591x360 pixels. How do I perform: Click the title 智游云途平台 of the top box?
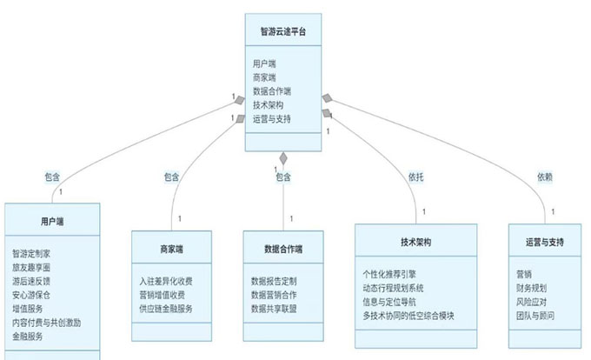(x=282, y=32)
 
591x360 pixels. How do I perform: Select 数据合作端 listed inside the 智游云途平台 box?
(x=272, y=90)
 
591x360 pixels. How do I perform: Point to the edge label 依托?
(x=415, y=177)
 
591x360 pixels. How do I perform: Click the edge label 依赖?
(x=544, y=177)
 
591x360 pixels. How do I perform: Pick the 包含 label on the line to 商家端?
(x=170, y=177)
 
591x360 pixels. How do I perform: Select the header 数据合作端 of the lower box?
(x=282, y=250)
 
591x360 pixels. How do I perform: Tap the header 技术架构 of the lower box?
(x=415, y=241)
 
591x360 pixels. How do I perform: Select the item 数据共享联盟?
(x=274, y=308)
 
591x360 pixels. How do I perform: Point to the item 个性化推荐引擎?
(x=393, y=273)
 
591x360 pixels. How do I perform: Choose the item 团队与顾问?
(x=535, y=315)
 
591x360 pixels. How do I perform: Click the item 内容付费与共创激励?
(x=47, y=322)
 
